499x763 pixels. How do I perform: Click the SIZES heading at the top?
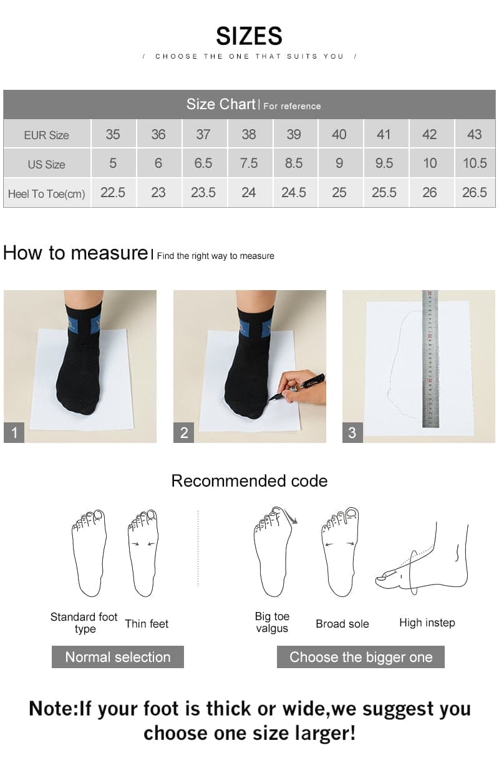[x=249, y=36]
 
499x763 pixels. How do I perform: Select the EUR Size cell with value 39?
[x=293, y=134]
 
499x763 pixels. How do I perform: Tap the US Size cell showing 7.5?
[x=248, y=163]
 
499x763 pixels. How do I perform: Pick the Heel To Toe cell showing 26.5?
[x=474, y=193]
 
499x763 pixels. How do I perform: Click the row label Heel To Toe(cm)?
[x=47, y=193]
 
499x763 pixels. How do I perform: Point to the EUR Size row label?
[x=47, y=135]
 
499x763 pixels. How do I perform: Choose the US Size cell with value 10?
[x=430, y=163]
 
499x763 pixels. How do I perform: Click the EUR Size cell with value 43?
[x=474, y=134]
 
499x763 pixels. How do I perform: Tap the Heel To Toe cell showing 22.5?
[x=113, y=193]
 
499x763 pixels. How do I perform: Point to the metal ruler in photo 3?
[x=430, y=359]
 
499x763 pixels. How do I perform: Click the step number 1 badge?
[x=14, y=432]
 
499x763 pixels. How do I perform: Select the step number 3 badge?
[x=352, y=432]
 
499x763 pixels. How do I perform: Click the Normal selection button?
[x=118, y=657]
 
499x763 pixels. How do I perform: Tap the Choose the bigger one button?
[x=361, y=657]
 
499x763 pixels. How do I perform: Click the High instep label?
[x=427, y=623]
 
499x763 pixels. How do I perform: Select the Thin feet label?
[x=147, y=623]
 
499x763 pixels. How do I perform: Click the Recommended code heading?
[x=249, y=481]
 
